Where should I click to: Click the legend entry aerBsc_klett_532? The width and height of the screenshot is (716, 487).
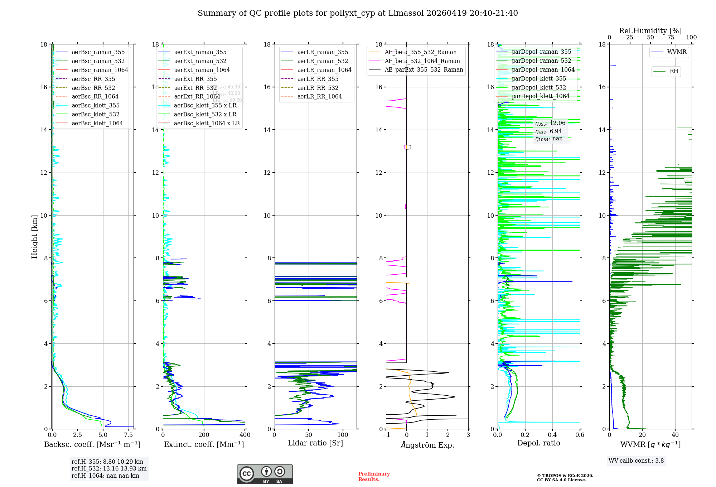click(95, 115)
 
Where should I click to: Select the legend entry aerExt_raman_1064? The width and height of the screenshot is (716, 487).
click(202, 70)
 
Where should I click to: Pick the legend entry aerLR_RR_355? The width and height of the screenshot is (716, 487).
click(318, 79)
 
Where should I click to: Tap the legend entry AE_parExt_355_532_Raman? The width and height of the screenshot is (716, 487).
click(424, 70)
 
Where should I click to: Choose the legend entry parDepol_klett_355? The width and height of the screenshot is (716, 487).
click(539, 79)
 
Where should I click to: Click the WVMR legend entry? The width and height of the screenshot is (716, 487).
click(677, 52)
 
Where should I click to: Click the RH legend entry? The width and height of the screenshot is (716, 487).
click(674, 71)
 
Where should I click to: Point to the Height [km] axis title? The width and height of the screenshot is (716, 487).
click(34, 237)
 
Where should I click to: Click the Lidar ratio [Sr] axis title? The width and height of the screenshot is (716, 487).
click(315, 443)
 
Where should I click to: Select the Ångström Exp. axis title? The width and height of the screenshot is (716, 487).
click(427, 445)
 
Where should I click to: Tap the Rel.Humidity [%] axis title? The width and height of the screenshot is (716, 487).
click(650, 31)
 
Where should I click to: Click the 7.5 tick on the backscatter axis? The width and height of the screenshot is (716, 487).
click(129, 435)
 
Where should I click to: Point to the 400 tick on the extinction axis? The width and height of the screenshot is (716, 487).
click(245, 435)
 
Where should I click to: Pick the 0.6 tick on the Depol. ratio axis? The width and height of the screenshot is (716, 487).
click(580, 435)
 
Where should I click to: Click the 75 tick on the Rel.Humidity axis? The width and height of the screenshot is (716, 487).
click(671, 38)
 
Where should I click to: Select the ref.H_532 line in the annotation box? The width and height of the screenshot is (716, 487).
click(109, 469)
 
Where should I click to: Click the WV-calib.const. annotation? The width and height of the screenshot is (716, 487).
click(636, 461)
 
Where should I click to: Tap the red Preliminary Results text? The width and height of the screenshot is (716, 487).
click(374, 477)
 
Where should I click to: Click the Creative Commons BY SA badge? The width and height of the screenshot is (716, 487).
click(265, 474)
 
